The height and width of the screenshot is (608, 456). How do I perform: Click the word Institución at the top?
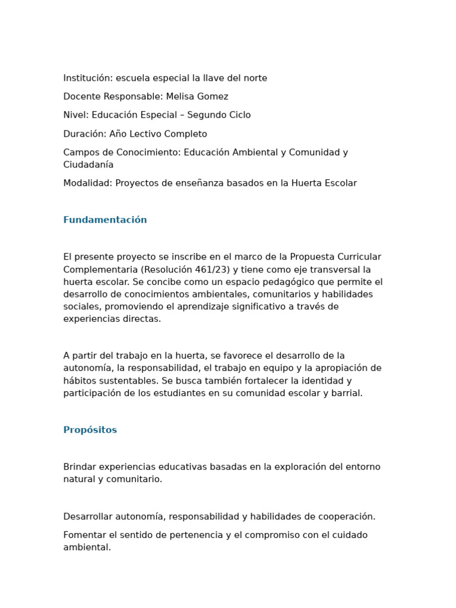(87, 78)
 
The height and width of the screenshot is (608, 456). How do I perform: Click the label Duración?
(84, 134)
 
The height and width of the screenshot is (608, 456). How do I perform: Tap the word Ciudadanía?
(88, 164)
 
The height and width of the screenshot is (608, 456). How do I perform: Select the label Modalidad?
(87, 183)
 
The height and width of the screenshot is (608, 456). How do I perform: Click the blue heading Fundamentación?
(105, 220)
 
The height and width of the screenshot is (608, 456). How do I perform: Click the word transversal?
(334, 270)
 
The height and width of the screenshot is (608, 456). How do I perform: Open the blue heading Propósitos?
(90, 430)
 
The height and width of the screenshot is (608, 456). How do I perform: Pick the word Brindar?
(80, 467)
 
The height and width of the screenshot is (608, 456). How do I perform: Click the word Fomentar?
(84, 535)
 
